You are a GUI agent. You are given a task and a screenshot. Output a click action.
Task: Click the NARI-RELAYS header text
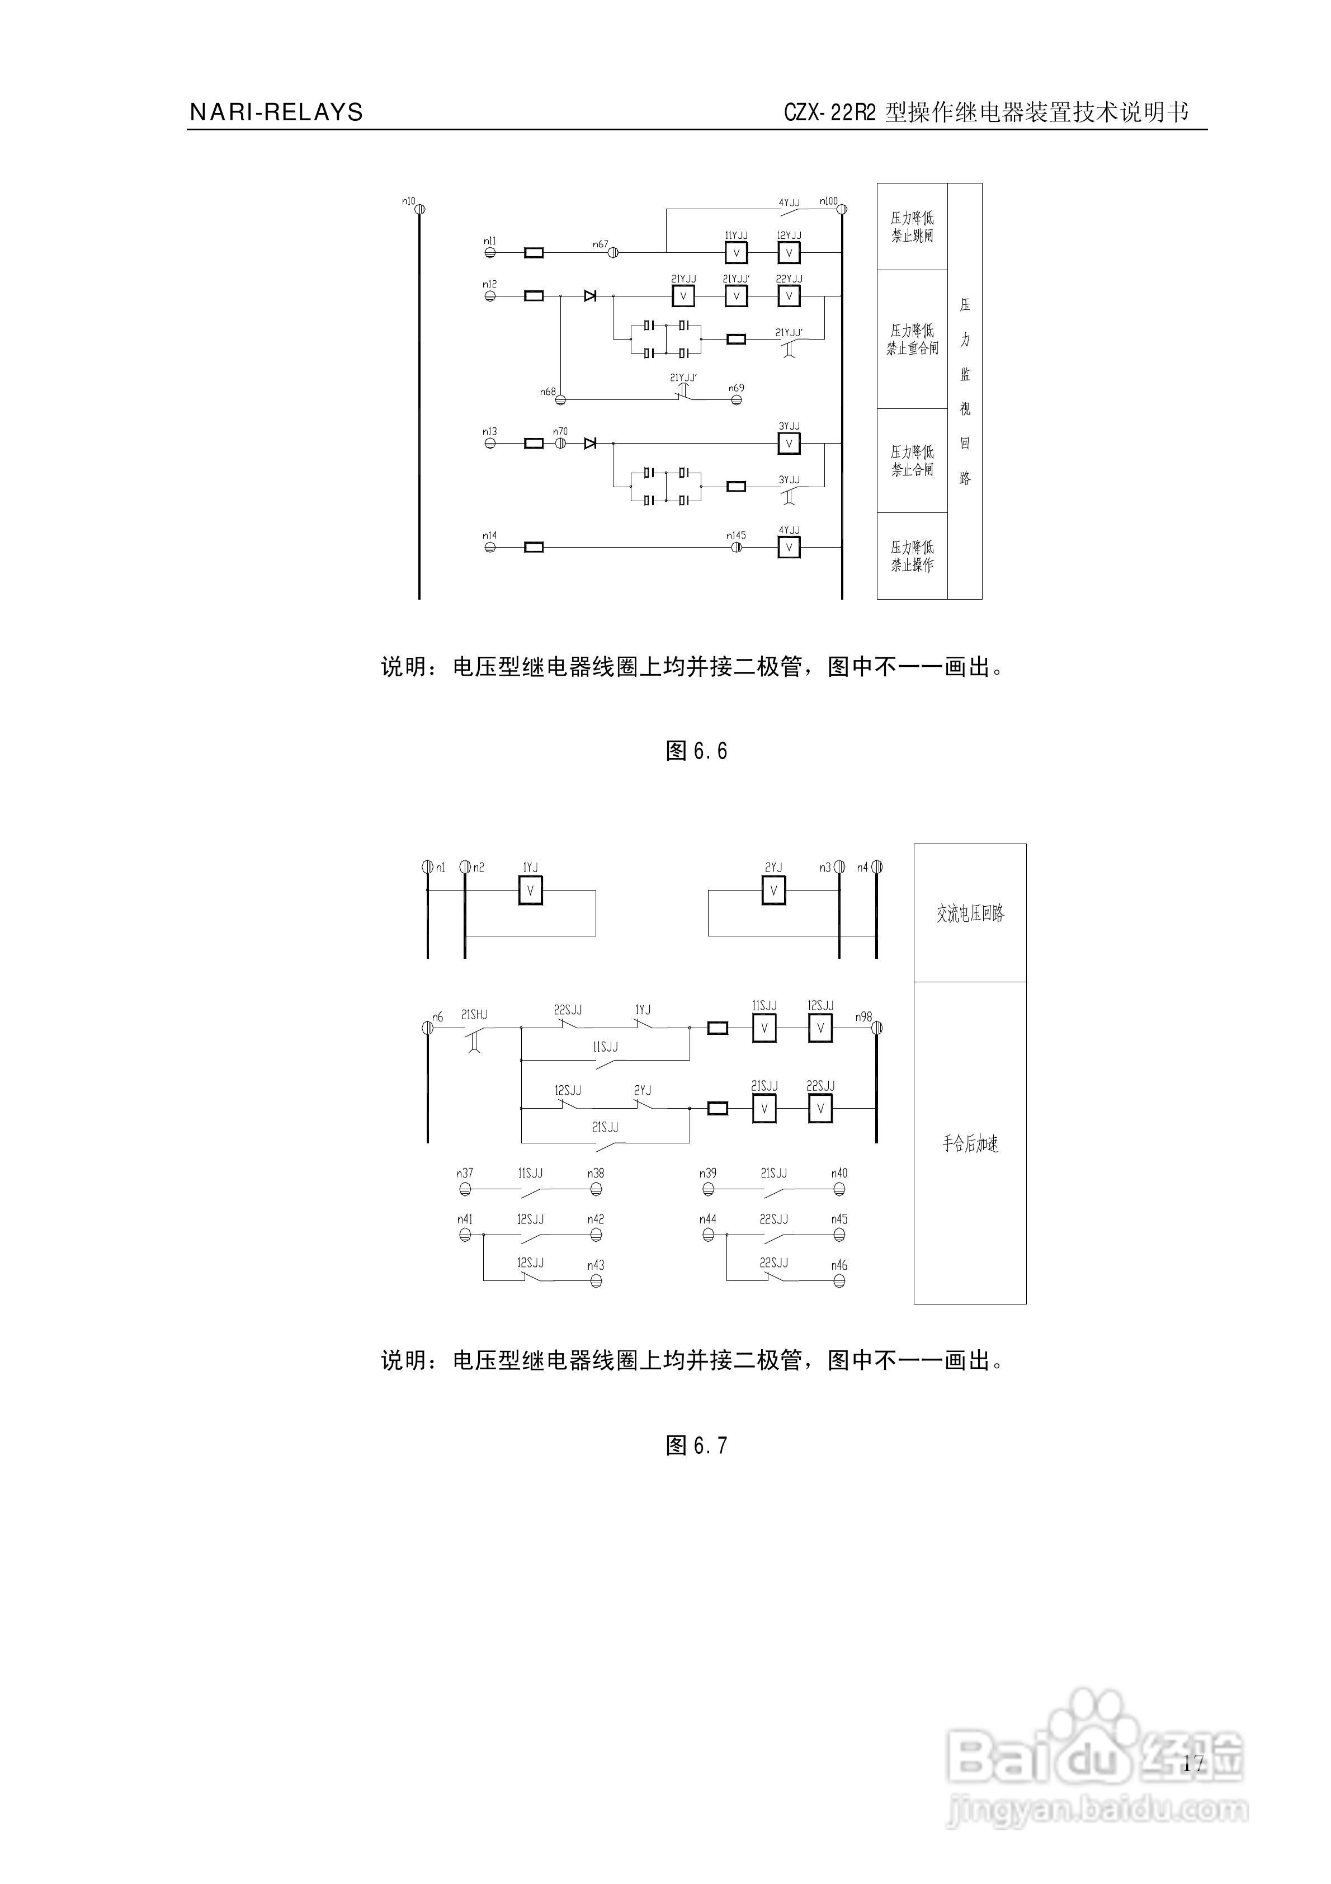pos(276,112)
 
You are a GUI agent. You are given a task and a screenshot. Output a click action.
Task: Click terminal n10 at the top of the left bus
pos(419,209)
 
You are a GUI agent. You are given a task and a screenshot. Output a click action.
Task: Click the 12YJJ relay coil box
pos(789,253)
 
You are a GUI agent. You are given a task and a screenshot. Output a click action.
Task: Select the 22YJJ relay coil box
pos(789,295)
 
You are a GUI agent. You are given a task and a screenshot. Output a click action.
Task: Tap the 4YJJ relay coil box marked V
pos(789,547)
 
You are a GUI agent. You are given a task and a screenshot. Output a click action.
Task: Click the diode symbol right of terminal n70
pos(589,443)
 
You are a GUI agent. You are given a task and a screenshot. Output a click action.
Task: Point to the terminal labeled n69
pos(736,399)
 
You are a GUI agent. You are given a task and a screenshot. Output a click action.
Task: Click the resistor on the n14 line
pos(534,547)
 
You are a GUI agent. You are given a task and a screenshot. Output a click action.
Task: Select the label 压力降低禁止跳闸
pos(912,227)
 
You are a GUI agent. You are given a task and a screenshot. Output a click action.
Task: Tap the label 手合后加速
pos(970,1143)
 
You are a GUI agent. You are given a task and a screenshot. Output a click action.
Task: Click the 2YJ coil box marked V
pos(773,891)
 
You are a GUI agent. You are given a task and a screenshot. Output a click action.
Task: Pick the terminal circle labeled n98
pos(876,1028)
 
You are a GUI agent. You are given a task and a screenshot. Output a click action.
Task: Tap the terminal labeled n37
pos(465,1188)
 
